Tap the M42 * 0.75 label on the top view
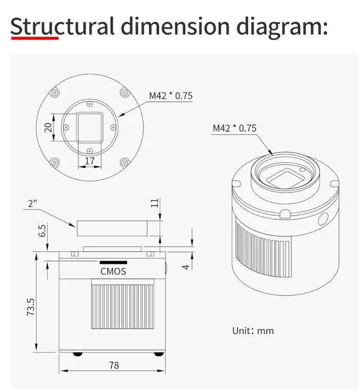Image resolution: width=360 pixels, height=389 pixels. point(171,95)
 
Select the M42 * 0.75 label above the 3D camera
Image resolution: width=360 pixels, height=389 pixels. point(234,128)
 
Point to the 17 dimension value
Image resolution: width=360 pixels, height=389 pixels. point(89,161)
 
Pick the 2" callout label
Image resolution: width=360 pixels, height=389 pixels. point(33,203)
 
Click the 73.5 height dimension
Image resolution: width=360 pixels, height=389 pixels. point(31,307)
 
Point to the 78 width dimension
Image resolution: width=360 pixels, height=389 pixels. point(114,365)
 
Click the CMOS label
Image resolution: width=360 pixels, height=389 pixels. point(113,271)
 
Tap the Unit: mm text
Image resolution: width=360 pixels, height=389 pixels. point(253,330)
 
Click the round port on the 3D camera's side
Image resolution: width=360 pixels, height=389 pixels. point(323,219)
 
